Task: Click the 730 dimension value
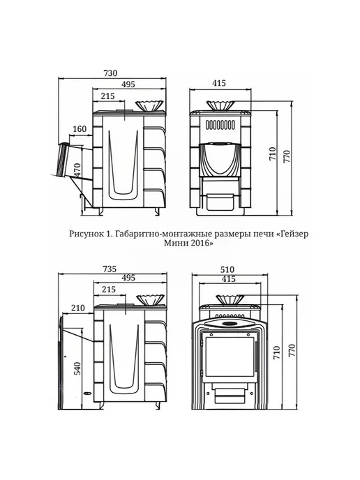click(110, 73)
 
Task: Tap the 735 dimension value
click(110, 269)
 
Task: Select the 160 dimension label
click(80, 129)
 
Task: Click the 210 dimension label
click(77, 308)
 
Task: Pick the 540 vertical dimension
click(77, 368)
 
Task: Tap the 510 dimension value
click(227, 269)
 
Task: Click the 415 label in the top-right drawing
click(219, 83)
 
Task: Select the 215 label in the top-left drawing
click(107, 96)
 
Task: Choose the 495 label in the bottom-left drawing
click(128, 278)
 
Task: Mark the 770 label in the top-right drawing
click(287, 156)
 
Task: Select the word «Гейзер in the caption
click(292, 234)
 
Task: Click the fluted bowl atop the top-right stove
click(220, 105)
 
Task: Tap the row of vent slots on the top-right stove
click(220, 125)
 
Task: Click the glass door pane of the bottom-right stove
click(230, 357)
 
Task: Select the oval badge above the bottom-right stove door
click(229, 323)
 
